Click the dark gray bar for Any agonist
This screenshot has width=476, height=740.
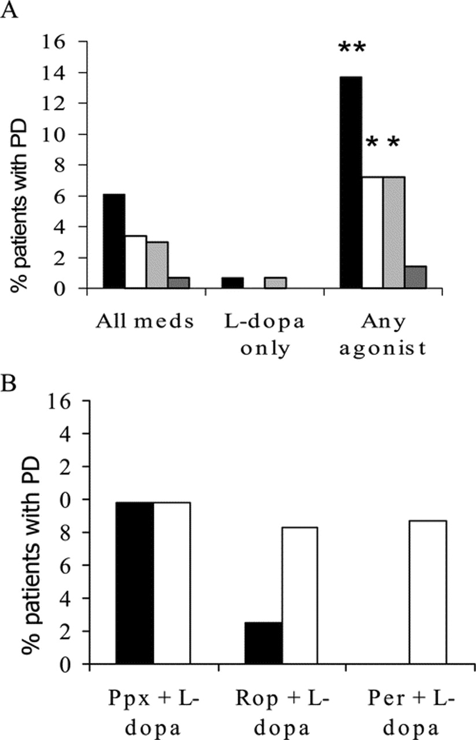click(x=415, y=277)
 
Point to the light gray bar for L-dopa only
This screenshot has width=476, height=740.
click(x=275, y=282)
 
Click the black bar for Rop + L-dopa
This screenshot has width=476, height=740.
click(x=264, y=643)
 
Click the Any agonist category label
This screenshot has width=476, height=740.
click(x=382, y=335)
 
